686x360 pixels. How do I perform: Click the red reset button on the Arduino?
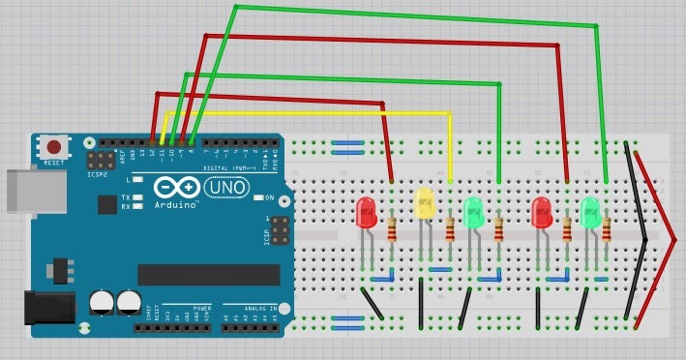pos(54,147)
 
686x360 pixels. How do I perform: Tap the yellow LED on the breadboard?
pos(424,202)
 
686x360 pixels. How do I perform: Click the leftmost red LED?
pos(367,212)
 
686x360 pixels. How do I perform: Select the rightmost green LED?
pos(590,211)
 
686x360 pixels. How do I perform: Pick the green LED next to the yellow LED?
pos(473,211)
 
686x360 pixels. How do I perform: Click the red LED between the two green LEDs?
pos(542,211)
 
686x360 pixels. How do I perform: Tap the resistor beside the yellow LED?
pos(450,230)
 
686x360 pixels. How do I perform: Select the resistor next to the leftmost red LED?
pos(392,230)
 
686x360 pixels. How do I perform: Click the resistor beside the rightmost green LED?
pos(606,230)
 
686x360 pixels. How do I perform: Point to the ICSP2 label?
pos(97,175)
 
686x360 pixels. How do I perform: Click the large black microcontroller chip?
pos(215,275)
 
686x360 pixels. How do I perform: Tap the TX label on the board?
pos(127,197)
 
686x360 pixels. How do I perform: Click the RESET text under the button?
pos(54,164)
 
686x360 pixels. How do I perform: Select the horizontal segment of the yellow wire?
pos(310,114)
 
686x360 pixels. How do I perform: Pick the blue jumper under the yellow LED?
pos(440,269)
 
